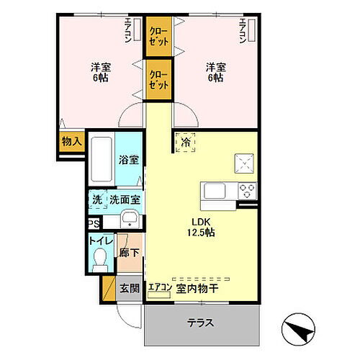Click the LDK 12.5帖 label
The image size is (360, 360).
(x=202, y=228)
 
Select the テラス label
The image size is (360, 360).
(x=200, y=322)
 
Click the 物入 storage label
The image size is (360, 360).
(x=71, y=142)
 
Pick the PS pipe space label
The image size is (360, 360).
(x=93, y=224)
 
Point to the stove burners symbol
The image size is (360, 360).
(x=248, y=192)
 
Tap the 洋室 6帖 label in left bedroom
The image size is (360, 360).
(x=99, y=72)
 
